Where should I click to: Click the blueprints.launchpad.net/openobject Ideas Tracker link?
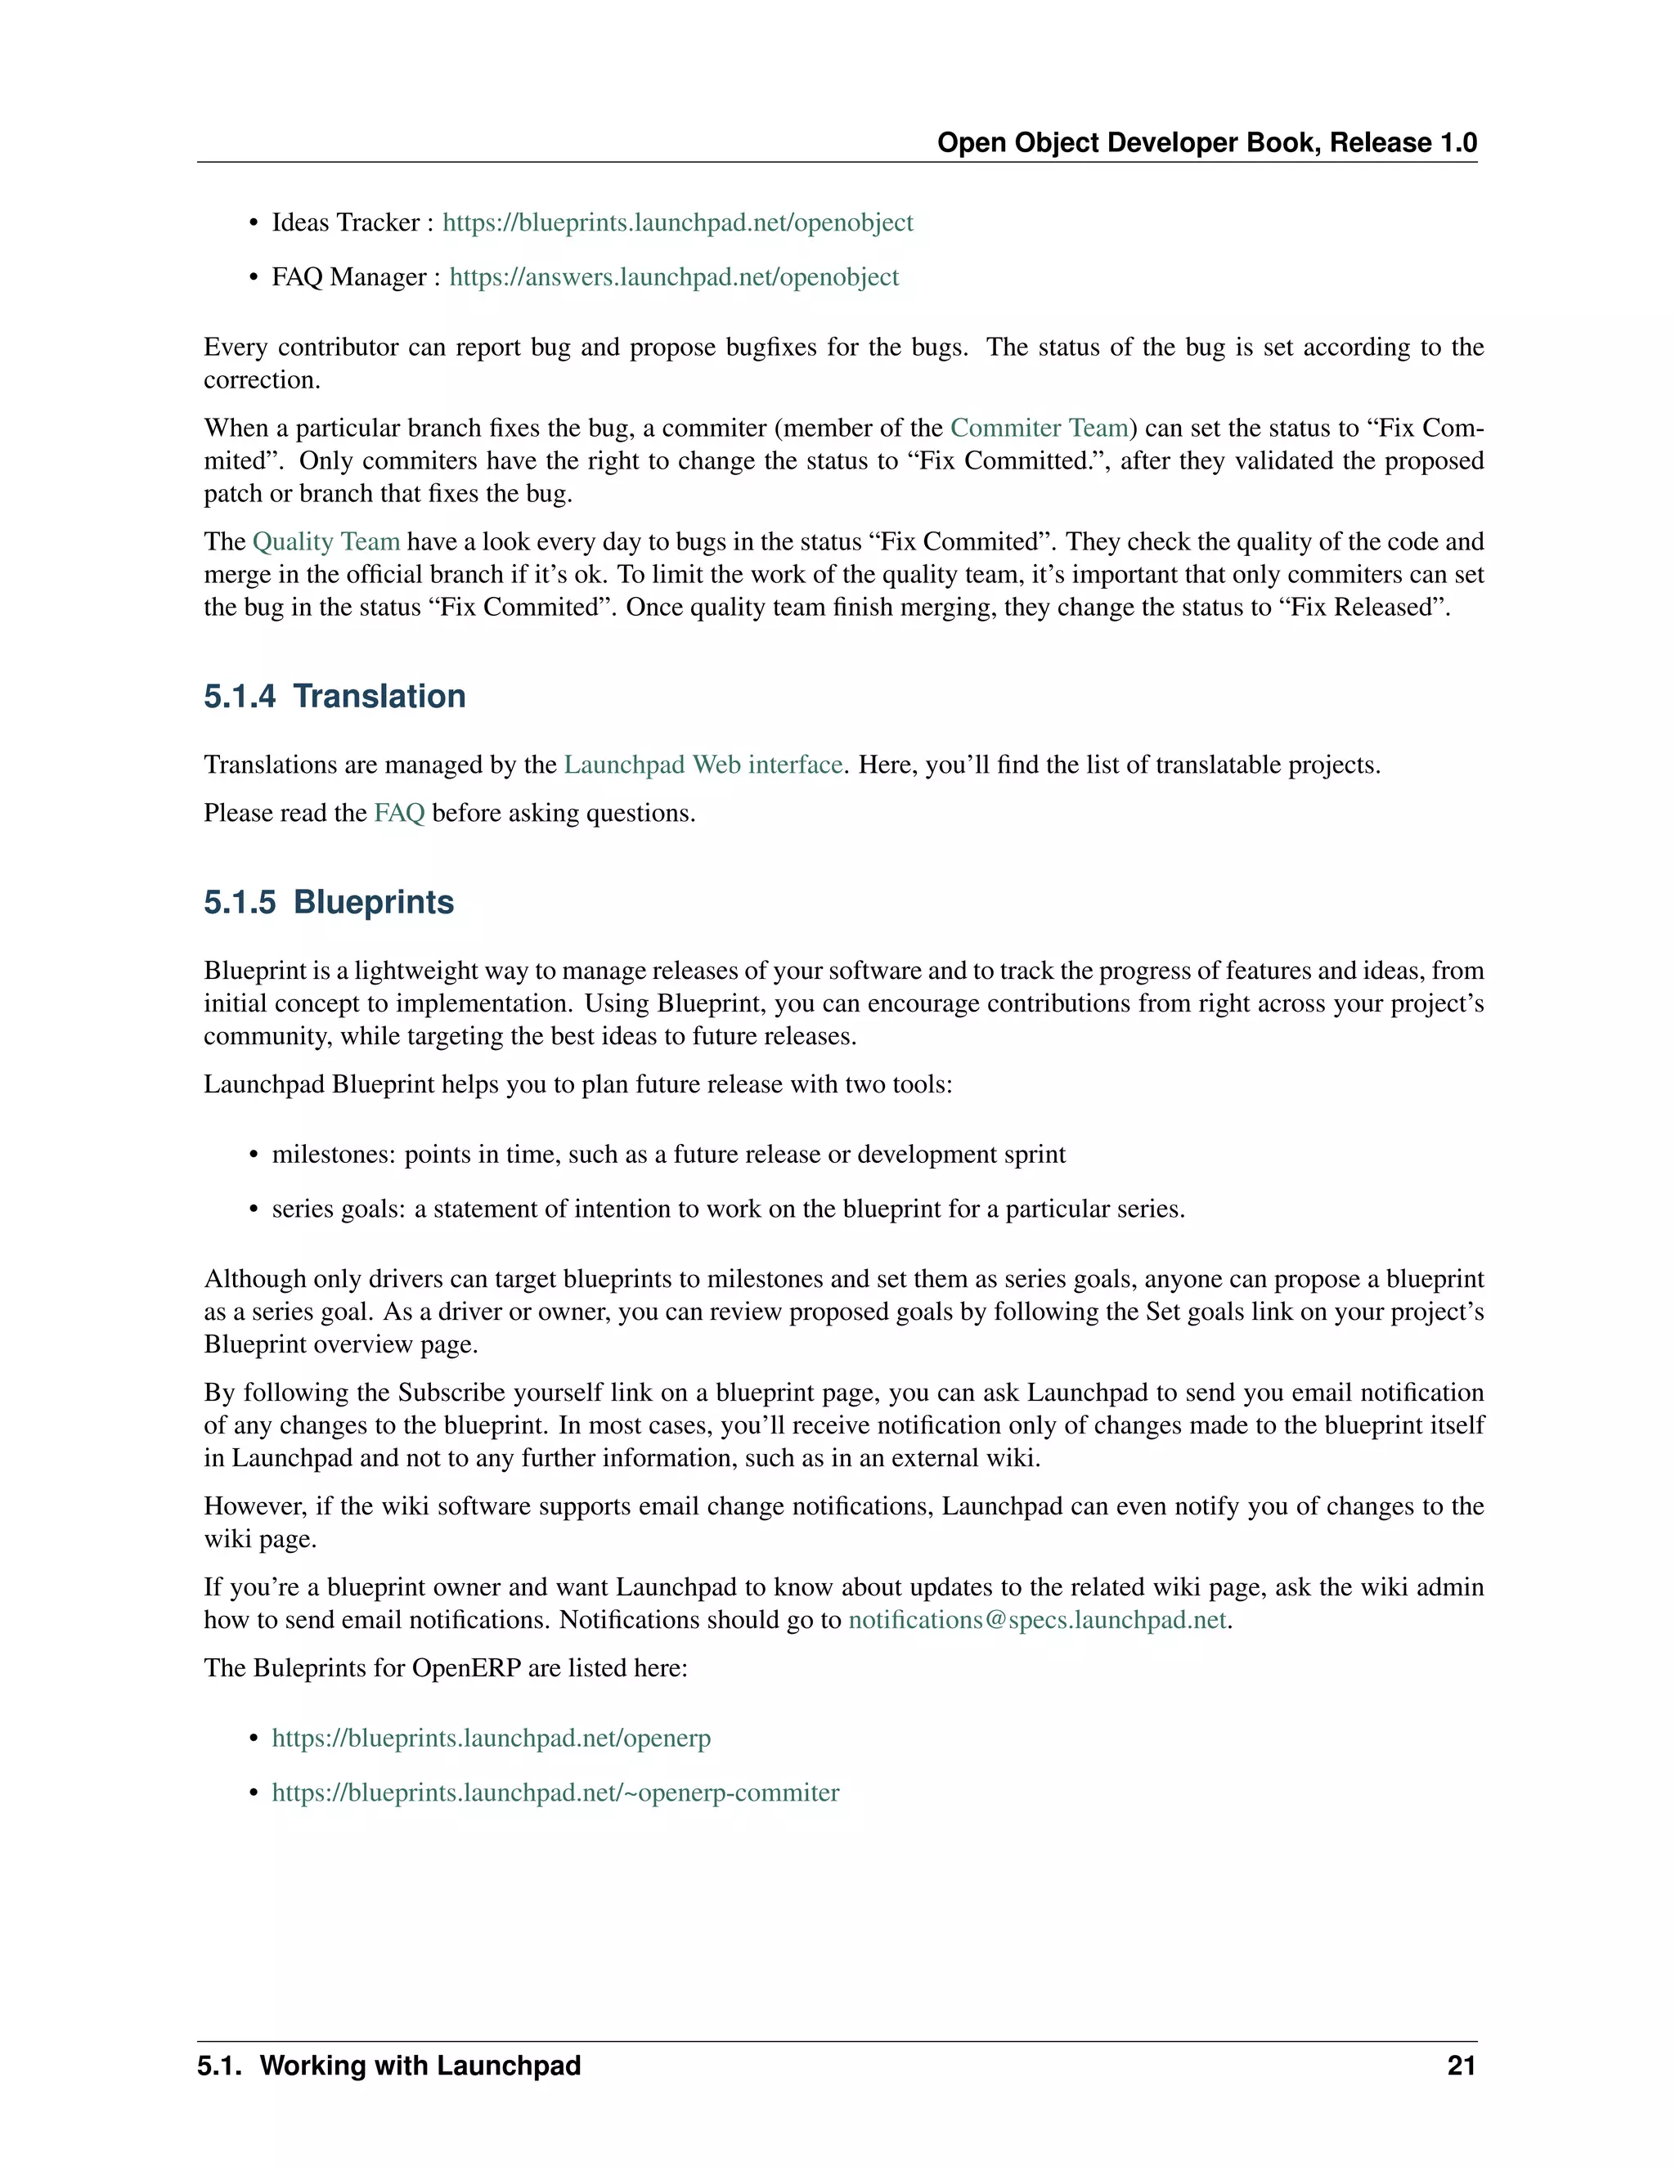[x=678, y=222]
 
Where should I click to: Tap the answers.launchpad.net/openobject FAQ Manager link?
[x=674, y=277]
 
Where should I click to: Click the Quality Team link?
[x=326, y=541]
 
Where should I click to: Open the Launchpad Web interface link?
[x=703, y=765]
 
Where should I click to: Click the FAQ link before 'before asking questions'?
[x=399, y=814]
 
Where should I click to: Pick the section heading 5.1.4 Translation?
[x=335, y=697]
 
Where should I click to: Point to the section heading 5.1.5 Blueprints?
[x=329, y=902]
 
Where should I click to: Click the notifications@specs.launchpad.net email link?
[x=1037, y=1620]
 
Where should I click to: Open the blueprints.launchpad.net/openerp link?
[x=492, y=1739]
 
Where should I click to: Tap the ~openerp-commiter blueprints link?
[x=555, y=1793]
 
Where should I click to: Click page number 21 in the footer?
[x=1461, y=2066]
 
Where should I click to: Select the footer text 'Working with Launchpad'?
[x=420, y=2066]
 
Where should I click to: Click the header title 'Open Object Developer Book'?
[x=1126, y=143]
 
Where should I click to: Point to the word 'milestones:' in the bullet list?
[x=334, y=1155]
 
